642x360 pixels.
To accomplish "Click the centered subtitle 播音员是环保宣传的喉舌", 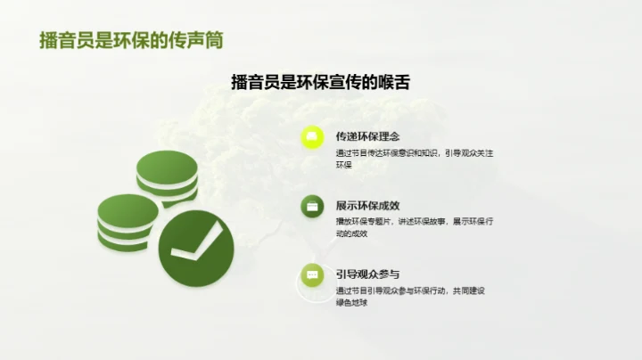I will coord(320,82).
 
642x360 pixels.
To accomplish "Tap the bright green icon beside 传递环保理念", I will coord(311,137).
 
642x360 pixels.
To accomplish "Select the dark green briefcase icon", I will coord(311,207).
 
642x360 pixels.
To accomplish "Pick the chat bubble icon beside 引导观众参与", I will coord(311,275).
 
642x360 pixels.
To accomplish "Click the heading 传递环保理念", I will coord(367,136).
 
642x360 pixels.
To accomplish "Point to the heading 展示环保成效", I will coord(367,205).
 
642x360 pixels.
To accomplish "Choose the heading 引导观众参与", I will coord(367,274).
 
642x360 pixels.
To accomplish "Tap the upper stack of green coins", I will coord(167,177).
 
